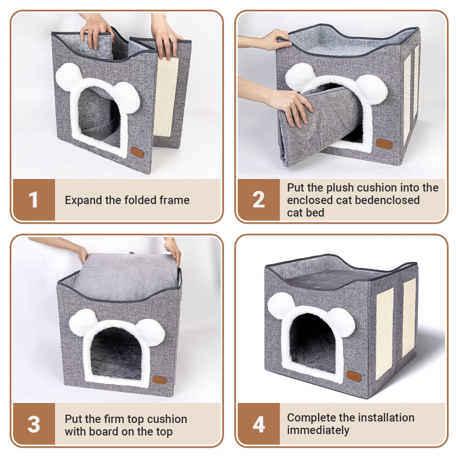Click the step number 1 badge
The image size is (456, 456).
(x=34, y=200)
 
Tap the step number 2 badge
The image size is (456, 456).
(x=259, y=200)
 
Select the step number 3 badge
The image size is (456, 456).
(x=34, y=424)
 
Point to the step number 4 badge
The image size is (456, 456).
(x=259, y=424)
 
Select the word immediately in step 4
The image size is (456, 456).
(x=318, y=430)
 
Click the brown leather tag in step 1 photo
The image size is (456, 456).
(x=137, y=153)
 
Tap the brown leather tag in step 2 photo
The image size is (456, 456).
(x=384, y=144)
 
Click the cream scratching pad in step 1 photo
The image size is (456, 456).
(x=165, y=97)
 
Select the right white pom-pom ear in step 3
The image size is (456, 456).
(x=151, y=333)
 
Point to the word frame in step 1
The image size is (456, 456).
(x=175, y=200)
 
